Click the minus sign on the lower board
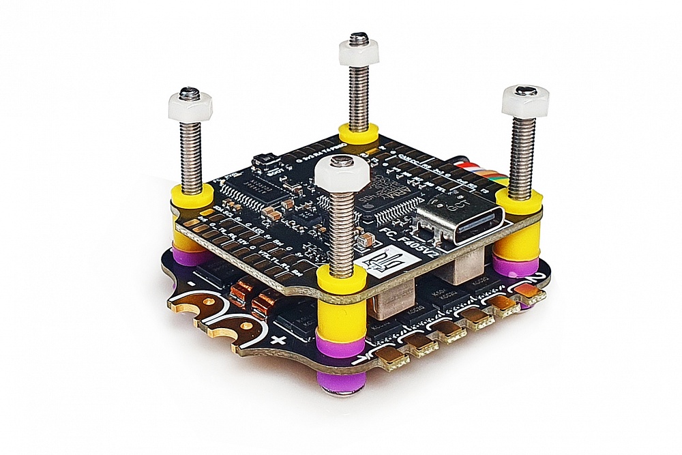pyautogui.click(x=194, y=282)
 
